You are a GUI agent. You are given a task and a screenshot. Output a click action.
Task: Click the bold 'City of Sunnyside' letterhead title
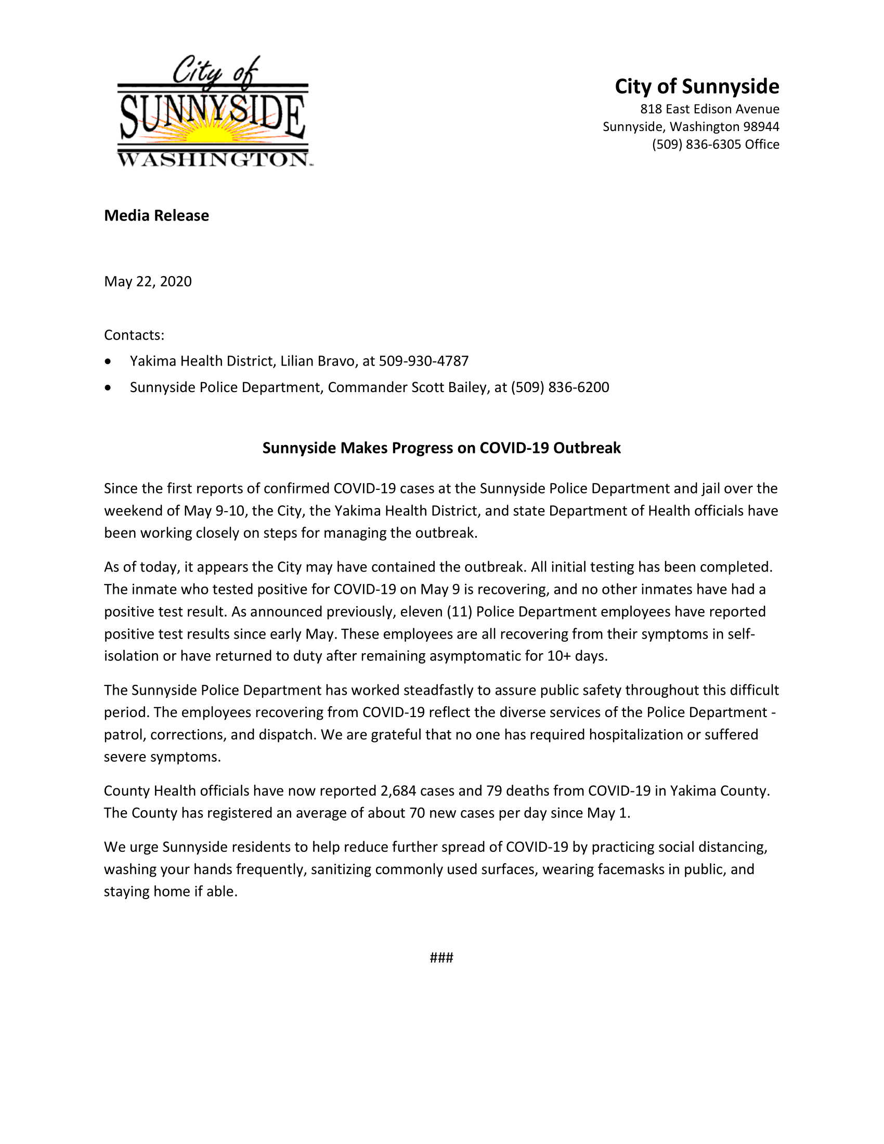pos(696,86)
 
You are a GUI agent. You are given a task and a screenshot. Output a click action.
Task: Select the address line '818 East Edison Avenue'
pos(710,109)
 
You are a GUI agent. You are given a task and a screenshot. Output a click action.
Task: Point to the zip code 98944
pos(761,127)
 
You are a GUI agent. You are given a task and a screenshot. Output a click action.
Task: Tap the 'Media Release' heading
pos(156,216)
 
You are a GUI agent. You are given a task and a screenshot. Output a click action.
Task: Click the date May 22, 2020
pos(148,282)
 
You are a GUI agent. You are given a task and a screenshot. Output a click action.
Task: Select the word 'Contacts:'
pos(134,335)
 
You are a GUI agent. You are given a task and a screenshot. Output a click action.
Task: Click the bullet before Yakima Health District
pos(108,361)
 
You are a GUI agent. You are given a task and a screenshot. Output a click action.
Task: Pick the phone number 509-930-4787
pos(424,361)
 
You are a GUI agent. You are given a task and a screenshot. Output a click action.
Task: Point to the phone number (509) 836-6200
pos(560,387)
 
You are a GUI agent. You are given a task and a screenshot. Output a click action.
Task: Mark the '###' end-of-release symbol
pos(441,958)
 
